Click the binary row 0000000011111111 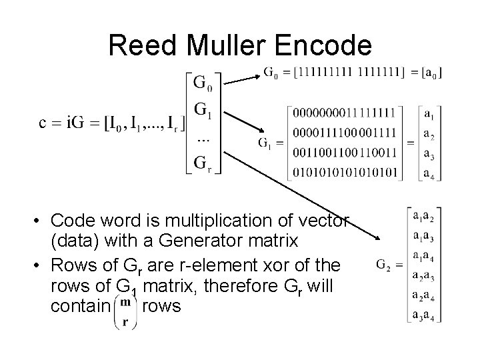pos(344,114)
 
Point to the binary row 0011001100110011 pos(344,152)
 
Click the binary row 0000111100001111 pos(344,133)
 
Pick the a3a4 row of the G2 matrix pos(425,315)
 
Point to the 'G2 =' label pos(391,265)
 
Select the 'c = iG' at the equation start pos(57,123)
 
